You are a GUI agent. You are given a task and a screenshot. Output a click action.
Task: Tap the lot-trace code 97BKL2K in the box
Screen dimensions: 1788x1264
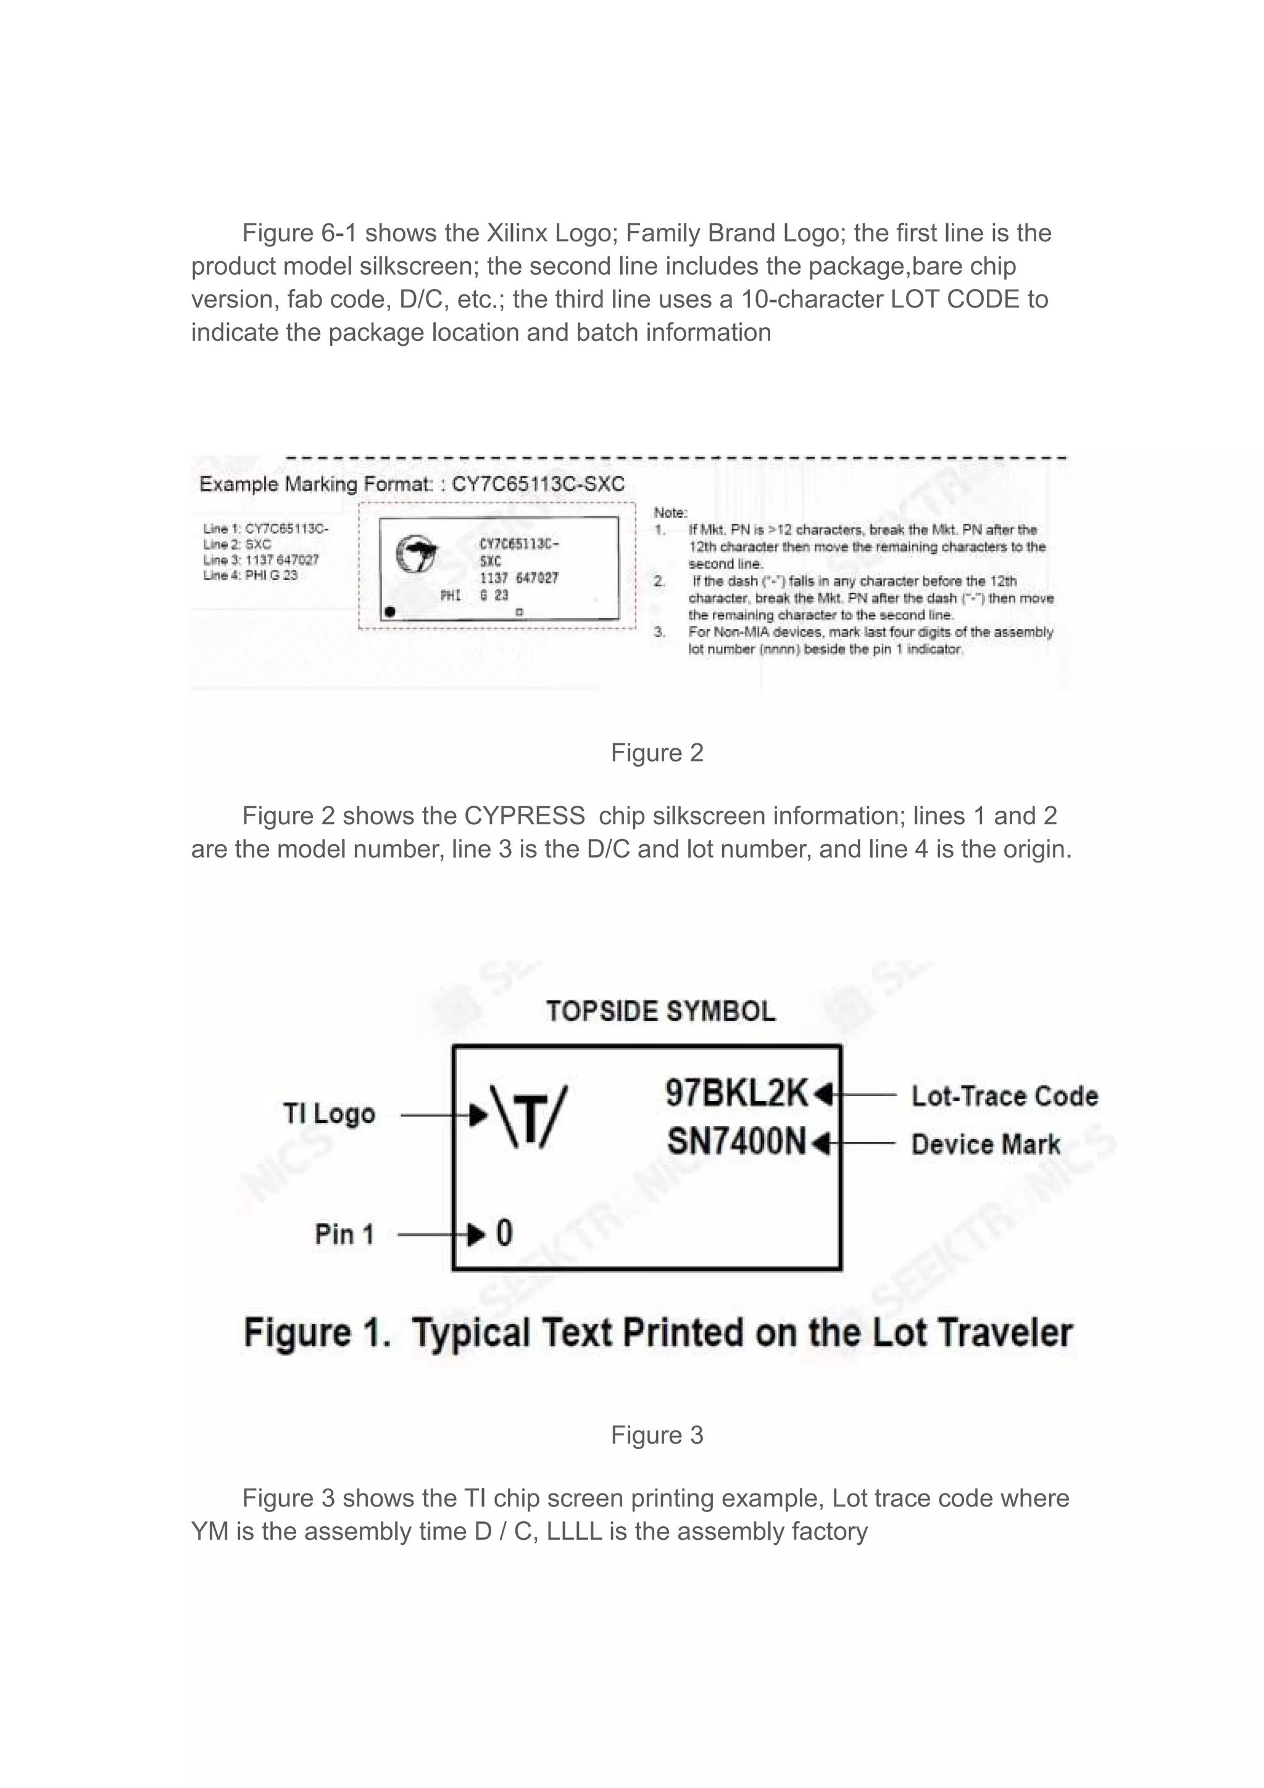point(736,1093)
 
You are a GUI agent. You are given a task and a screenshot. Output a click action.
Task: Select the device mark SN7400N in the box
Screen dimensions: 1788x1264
point(736,1142)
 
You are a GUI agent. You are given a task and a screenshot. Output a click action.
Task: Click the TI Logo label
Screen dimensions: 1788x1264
point(329,1114)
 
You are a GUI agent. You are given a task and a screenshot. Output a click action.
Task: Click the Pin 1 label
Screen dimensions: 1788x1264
point(344,1234)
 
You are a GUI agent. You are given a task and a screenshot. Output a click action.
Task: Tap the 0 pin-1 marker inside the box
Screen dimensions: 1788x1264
point(504,1234)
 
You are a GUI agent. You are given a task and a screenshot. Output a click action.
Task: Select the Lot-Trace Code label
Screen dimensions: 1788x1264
point(1004,1096)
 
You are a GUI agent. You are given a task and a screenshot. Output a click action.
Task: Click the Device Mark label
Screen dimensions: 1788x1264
point(986,1145)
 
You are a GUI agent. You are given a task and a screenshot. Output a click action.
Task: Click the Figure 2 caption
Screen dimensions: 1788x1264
point(657,753)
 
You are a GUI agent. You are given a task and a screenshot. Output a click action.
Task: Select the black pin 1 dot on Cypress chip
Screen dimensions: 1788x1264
point(391,611)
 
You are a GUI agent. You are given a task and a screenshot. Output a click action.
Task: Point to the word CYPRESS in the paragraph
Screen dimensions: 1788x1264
point(525,816)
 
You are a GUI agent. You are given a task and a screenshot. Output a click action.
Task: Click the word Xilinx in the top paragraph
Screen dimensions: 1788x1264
point(517,233)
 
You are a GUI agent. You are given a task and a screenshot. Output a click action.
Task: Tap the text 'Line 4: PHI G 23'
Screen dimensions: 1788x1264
point(250,575)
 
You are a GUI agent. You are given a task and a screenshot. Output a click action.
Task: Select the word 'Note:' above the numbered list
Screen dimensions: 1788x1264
point(670,512)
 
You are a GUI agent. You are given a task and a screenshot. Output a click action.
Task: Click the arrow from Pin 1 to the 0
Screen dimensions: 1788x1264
point(440,1234)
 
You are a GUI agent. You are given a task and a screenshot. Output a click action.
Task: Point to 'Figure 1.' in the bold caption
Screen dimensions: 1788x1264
point(317,1333)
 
